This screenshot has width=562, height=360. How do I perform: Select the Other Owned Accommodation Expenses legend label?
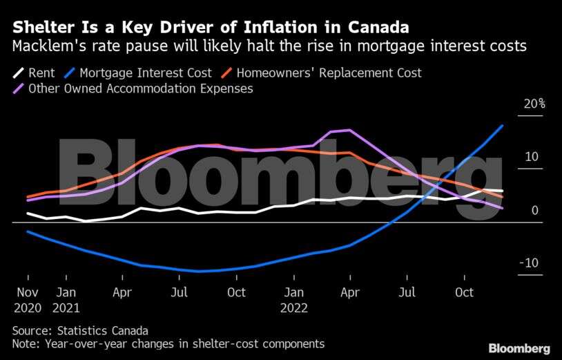click(139, 88)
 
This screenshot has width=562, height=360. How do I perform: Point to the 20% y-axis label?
click(534, 104)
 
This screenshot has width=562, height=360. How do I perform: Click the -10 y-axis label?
click(530, 263)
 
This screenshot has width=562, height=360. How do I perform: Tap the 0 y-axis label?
click(534, 210)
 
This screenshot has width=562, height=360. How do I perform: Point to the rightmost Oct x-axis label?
click(465, 292)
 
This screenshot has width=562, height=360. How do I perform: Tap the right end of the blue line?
click(502, 126)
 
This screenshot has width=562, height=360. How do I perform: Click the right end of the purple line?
click(502, 208)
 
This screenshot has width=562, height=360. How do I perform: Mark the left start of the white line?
click(28, 214)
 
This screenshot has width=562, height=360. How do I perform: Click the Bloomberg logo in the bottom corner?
click(519, 348)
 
